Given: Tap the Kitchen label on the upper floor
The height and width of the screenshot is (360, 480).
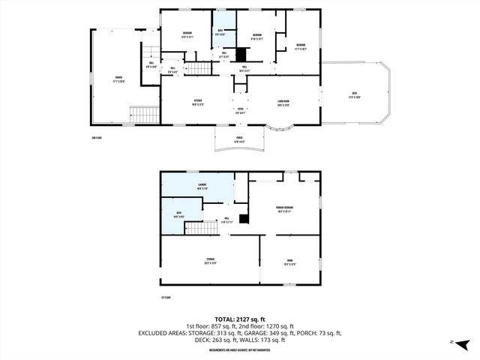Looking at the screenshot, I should pos(199,101).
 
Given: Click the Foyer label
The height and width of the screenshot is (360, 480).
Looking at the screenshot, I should pos(241,109).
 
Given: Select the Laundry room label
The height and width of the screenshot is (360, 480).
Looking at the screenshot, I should pos(202,185).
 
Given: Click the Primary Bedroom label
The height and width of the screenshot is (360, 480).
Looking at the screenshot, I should pos(285,208).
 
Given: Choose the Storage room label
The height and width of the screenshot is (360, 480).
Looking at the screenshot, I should pos(211,261).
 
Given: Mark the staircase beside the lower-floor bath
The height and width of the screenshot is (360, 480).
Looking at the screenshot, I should pos(196,228).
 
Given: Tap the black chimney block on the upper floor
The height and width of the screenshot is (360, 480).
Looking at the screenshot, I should pos(241,55).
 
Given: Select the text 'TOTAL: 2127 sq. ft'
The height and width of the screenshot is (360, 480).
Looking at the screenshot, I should pos(239,318).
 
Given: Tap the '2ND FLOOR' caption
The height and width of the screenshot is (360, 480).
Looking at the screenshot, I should pos(96,138).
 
